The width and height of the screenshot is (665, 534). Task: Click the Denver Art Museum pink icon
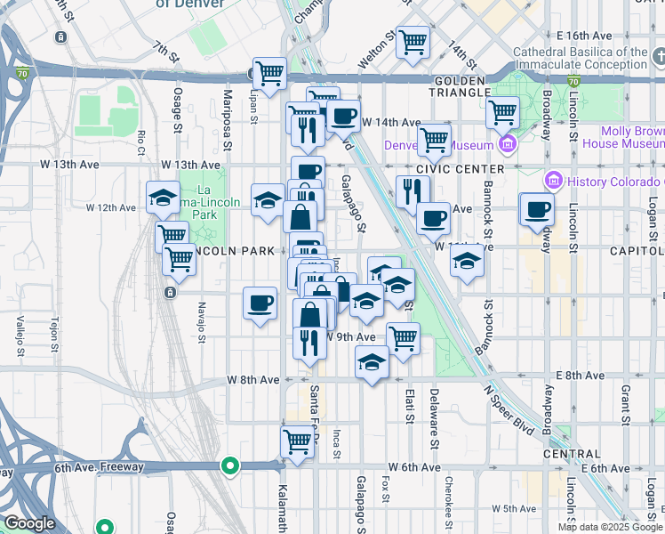[508, 145]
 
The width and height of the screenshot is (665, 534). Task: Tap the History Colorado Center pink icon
[554, 182]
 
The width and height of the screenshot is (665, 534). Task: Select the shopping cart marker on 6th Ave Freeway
[297, 442]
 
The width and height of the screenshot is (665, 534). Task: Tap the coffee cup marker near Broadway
[536, 210]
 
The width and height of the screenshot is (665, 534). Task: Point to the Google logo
[29, 523]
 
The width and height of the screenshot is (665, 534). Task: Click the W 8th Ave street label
[253, 379]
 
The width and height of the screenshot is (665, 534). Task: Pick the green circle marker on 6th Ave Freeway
[230, 465]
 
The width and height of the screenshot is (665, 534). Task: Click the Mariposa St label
[228, 107]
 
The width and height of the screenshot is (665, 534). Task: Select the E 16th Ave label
[582, 36]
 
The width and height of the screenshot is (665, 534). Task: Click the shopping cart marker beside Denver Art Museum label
[434, 139]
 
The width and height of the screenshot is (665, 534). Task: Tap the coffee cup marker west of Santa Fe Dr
[260, 304]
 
